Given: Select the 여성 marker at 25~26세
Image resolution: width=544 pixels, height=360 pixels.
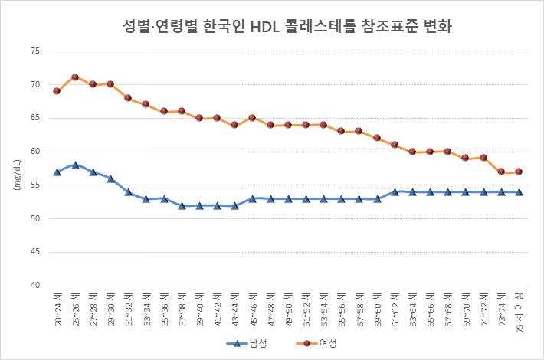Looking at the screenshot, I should [75, 77].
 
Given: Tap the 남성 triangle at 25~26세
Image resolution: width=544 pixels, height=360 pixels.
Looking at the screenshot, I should [75, 165].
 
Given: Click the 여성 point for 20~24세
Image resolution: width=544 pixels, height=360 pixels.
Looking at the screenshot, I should [57, 90].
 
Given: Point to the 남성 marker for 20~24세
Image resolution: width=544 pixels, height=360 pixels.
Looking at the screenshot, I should [57, 172].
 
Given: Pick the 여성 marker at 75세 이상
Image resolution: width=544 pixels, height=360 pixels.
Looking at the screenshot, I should [519, 172].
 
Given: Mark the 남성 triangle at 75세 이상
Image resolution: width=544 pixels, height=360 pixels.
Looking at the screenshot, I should [519, 191].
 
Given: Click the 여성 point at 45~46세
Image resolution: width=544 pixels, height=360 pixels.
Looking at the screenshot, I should [252, 118].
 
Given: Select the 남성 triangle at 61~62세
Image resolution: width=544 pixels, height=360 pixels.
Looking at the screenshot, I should [395, 191].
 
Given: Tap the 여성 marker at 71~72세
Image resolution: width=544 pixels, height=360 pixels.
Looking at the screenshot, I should [483, 158].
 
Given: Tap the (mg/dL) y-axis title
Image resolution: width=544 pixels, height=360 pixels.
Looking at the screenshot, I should [16, 175].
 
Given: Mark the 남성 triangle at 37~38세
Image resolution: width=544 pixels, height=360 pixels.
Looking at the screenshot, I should [182, 205].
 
